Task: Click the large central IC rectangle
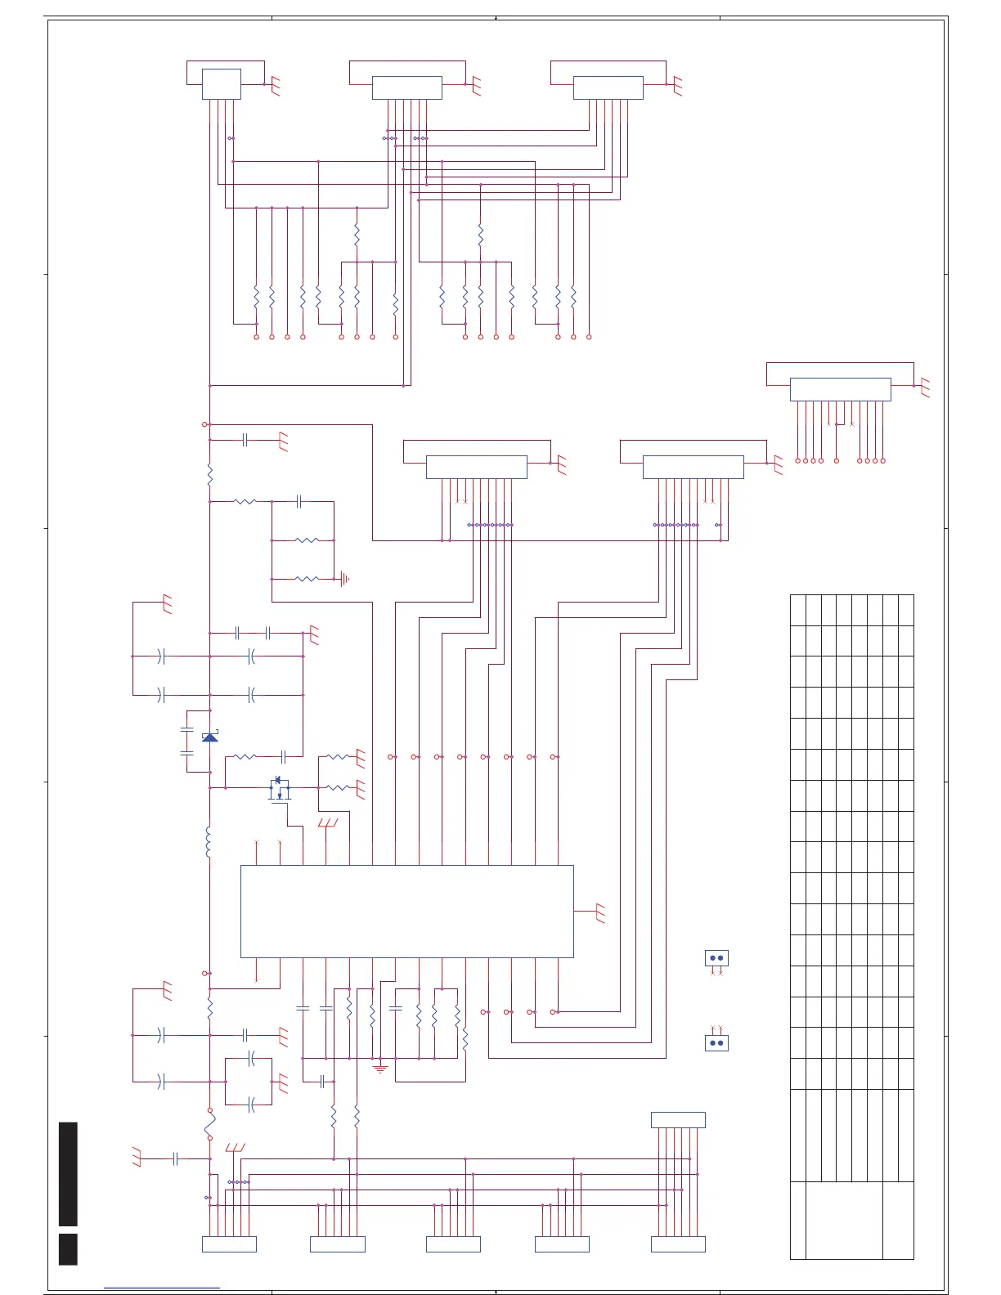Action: click(406, 911)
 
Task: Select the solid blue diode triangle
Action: click(210, 737)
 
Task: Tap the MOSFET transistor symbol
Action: click(280, 790)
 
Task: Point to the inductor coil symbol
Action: click(209, 842)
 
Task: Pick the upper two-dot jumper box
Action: click(716, 958)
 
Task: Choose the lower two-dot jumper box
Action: click(716, 1043)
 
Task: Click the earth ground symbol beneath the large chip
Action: click(380, 1068)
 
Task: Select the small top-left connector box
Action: click(221, 84)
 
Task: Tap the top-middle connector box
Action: click(406, 87)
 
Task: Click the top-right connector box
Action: click(608, 87)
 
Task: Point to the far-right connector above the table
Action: click(840, 389)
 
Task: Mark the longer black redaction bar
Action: click(68, 1174)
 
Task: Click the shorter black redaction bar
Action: click(68, 1249)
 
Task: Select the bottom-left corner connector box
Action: click(229, 1244)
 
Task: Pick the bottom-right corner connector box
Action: click(678, 1244)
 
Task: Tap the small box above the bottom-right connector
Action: click(678, 1120)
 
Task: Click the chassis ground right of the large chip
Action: click(601, 913)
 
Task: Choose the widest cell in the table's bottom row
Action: click(844, 1220)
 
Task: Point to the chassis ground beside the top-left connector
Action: click(276, 87)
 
